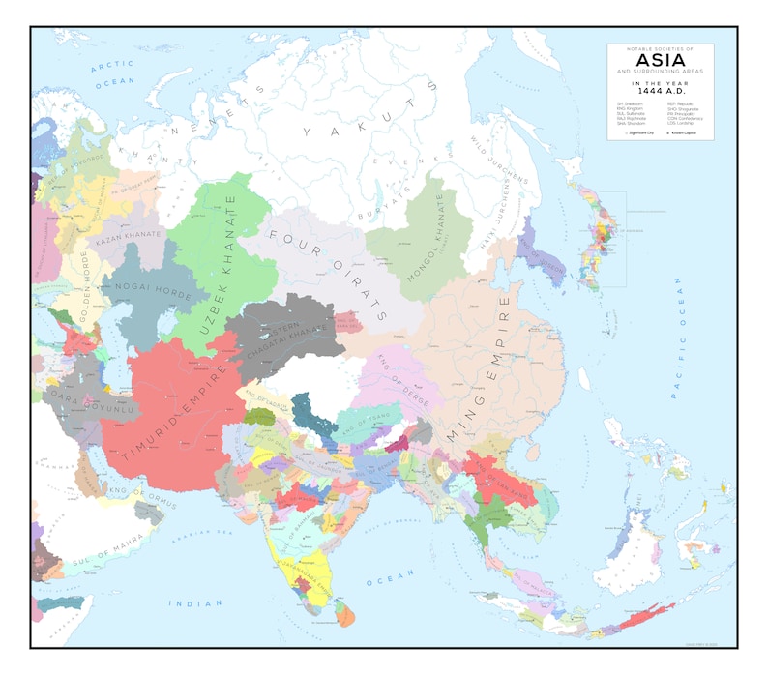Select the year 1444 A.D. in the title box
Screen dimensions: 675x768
click(660, 93)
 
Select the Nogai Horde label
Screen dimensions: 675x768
click(145, 286)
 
